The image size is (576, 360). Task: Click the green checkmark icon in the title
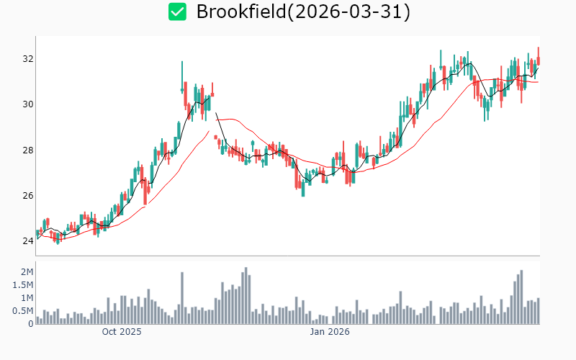pos(177,12)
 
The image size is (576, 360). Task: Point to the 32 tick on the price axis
pos(27,59)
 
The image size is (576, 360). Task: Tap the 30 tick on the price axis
pos(27,104)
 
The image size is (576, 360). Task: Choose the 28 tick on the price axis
pos(27,150)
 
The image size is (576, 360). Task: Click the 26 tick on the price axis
pos(27,196)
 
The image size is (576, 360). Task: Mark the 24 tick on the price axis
pos(27,241)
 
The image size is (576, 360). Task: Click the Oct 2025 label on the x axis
pos(122,332)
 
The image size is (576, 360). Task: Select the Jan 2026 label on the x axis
pos(330,332)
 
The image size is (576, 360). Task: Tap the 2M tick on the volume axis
pos(27,272)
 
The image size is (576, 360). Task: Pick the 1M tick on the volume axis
pos(27,298)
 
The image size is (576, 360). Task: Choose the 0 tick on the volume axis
pos(30,324)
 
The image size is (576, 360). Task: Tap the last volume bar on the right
pos(538,311)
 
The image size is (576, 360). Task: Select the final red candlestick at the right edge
pos(538,60)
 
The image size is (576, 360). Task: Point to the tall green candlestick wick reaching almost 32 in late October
pos(182,72)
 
